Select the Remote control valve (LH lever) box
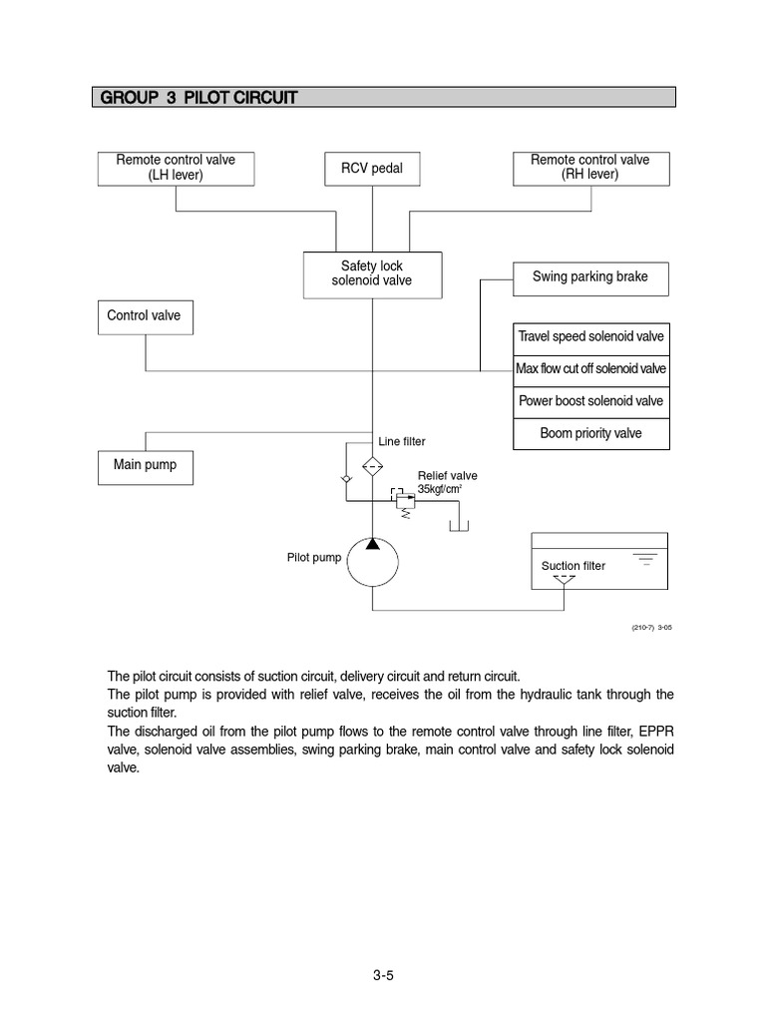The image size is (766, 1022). click(x=175, y=168)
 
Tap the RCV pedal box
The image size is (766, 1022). click(x=372, y=169)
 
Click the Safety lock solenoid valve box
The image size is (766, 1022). click(x=372, y=273)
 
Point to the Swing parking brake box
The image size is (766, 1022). click(x=589, y=277)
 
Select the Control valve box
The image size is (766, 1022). click(x=146, y=317)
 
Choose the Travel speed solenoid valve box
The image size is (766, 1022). click(x=589, y=337)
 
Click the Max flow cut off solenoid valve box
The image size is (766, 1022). click(x=589, y=369)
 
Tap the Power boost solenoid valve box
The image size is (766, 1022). click(x=589, y=401)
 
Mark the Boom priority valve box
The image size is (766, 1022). click(x=589, y=433)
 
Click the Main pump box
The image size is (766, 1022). click(x=146, y=466)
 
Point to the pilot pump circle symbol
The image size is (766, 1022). click(x=372, y=562)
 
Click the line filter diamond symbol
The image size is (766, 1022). click(x=372, y=466)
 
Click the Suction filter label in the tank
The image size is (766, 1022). click(x=573, y=566)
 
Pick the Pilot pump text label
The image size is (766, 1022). click(x=313, y=558)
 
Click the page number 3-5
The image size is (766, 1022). click(x=383, y=976)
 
